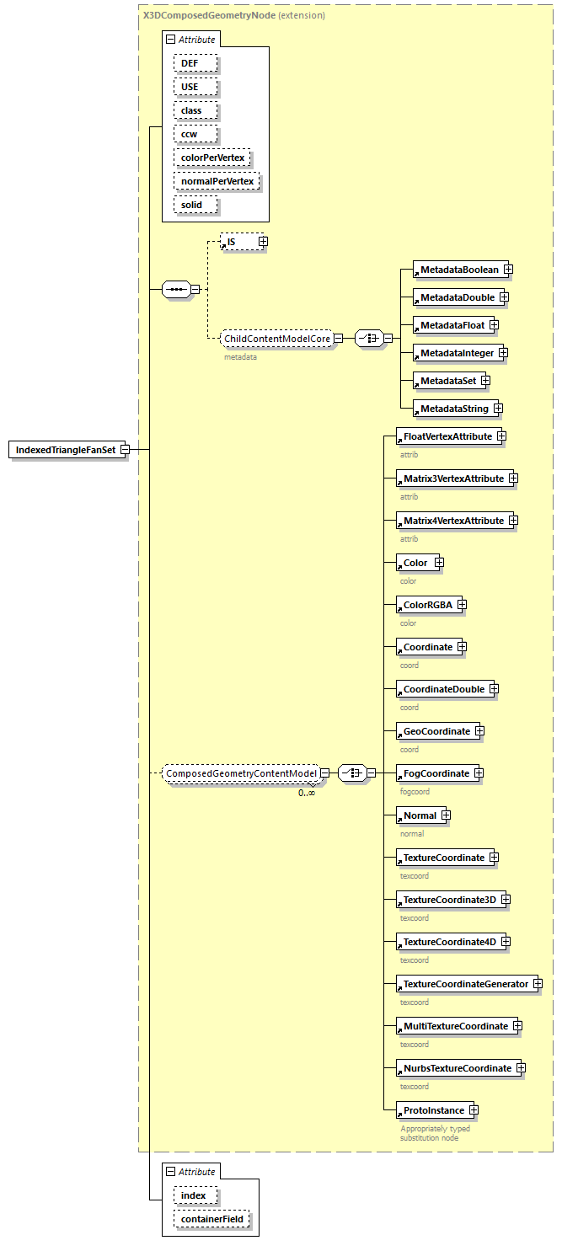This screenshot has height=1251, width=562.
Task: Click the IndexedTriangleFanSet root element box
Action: pyautogui.click(x=65, y=450)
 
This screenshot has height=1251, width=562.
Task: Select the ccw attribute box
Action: pyautogui.click(x=196, y=134)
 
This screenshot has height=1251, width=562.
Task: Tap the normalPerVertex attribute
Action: pyautogui.click(x=217, y=181)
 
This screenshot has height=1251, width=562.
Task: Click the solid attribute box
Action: pyautogui.click(x=196, y=205)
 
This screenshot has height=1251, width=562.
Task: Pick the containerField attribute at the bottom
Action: pyautogui.click(x=212, y=1219)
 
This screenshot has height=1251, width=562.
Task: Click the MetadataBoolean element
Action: pyautogui.click(x=459, y=270)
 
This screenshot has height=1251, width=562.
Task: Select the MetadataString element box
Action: pyautogui.click(x=454, y=409)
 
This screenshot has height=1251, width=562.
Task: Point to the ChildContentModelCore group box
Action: pyautogui.click(x=276, y=339)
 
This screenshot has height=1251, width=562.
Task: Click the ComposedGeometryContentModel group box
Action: pyautogui.click(x=241, y=773)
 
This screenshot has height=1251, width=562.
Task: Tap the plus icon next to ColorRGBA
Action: pyautogui.click(x=462, y=605)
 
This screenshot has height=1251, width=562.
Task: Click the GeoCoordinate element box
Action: pyautogui.click(x=436, y=731)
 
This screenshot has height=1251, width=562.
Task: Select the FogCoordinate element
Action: pyautogui.click(x=436, y=773)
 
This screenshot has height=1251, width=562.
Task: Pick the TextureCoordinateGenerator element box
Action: pyautogui.click(x=465, y=984)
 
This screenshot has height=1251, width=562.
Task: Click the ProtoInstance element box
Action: pyautogui.click(x=433, y=1110)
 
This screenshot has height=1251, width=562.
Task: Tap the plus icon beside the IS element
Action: pyautogui.click(x=263, y=242)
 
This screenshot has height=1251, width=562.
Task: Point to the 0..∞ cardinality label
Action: pyautogui.click(x=307, y=793)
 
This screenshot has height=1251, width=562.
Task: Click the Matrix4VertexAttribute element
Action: pyautogui.click(x=453, y=521)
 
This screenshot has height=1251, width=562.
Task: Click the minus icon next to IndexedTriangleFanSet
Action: pyautogui.click(x=125, y=450)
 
